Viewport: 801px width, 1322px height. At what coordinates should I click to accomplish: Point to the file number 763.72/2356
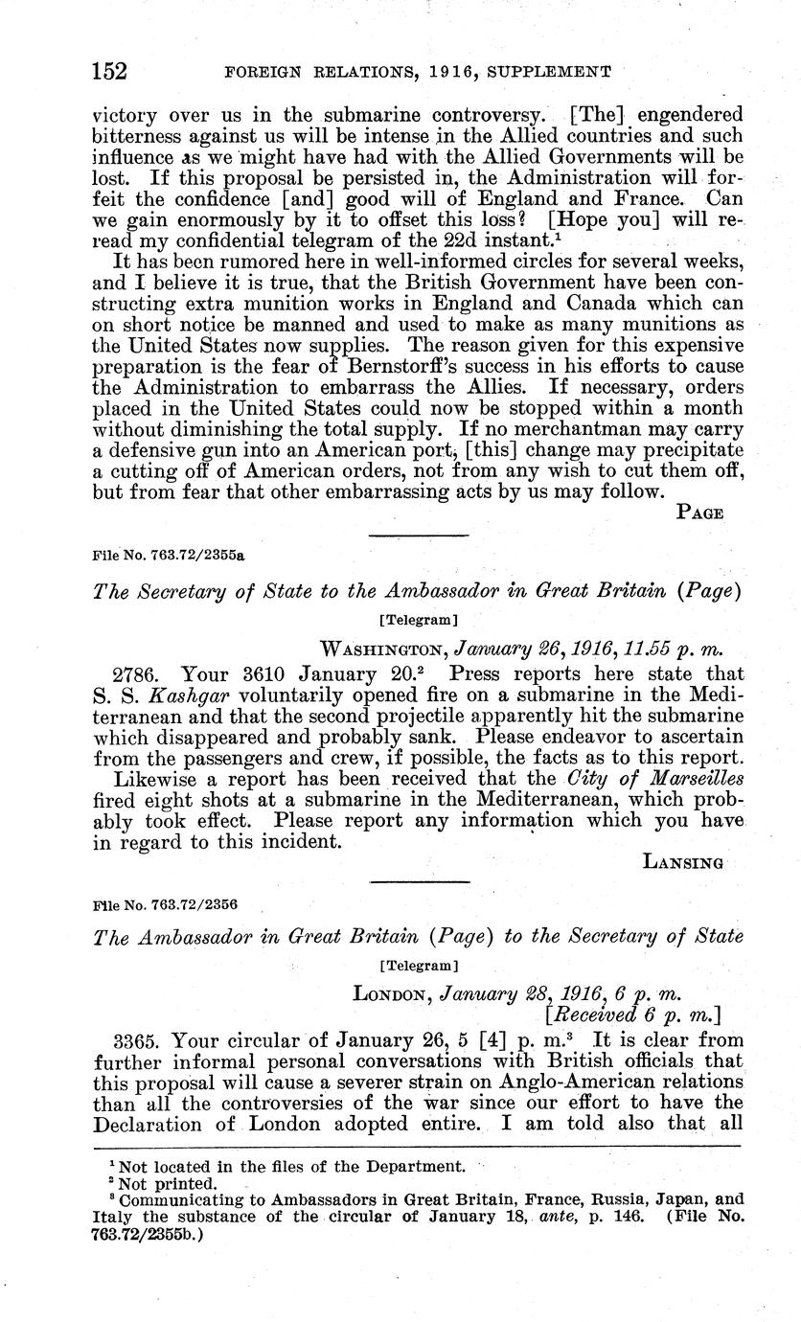165,902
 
